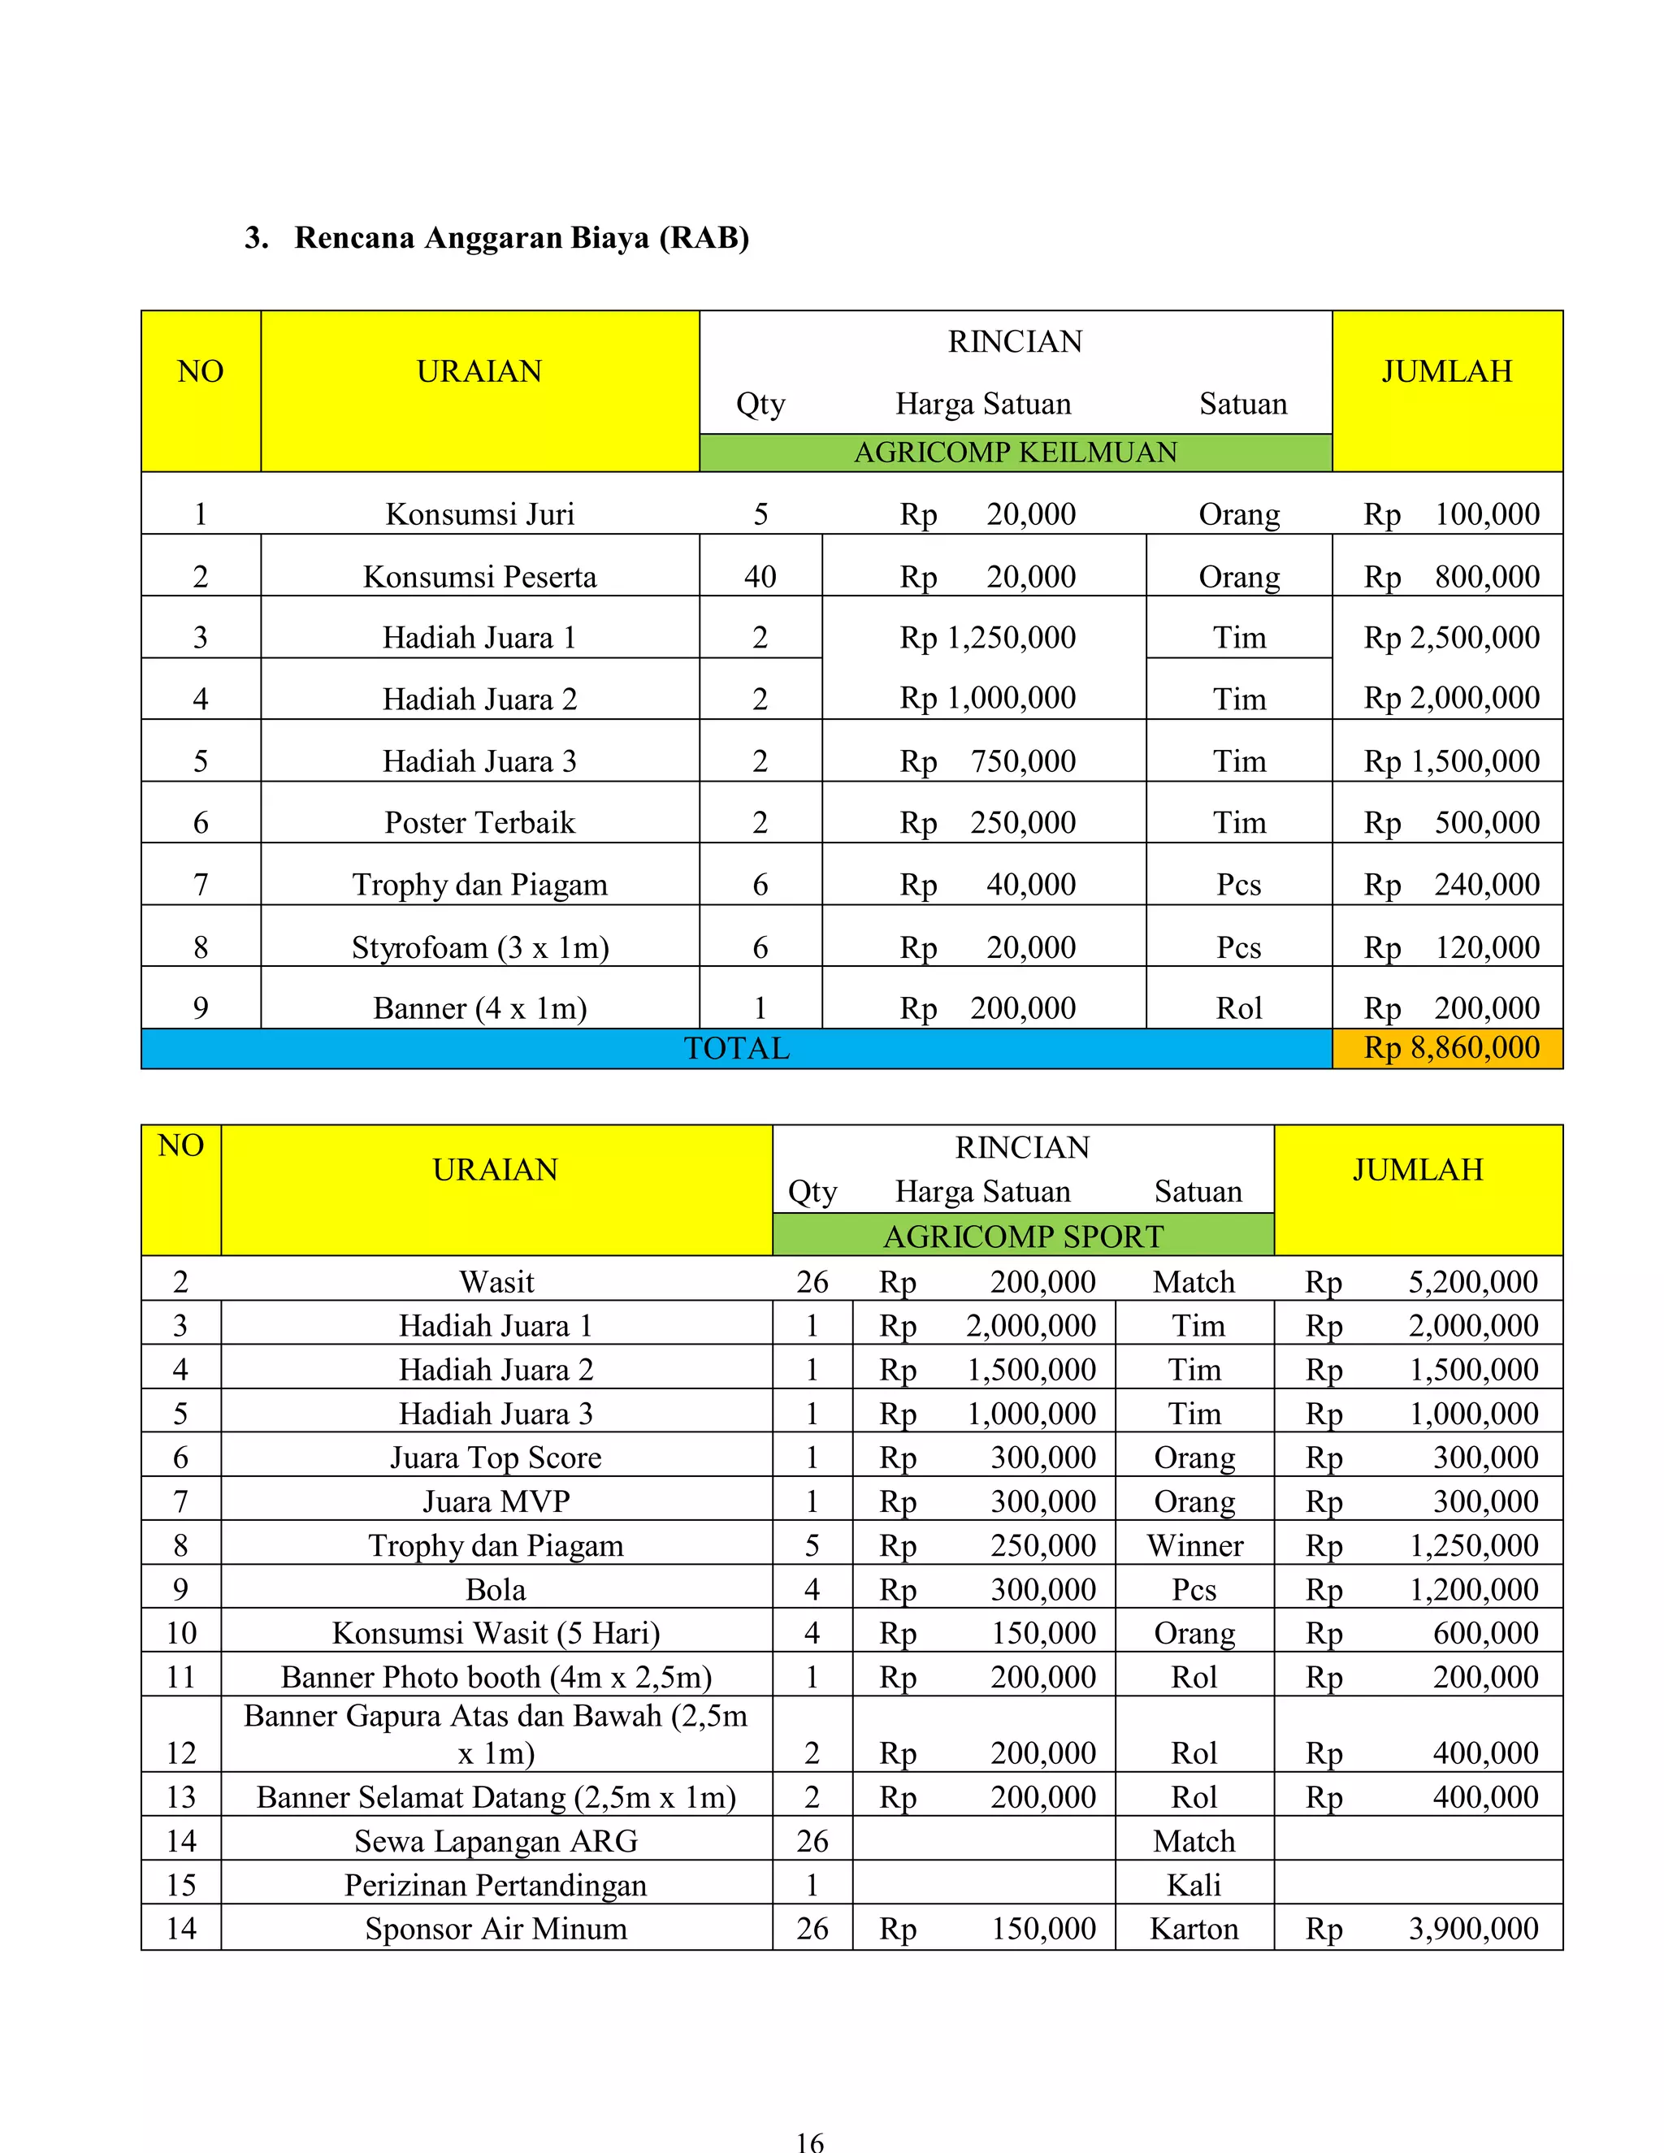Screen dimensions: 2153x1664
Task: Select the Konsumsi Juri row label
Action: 479,513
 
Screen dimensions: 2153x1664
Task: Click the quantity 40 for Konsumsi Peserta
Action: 760,576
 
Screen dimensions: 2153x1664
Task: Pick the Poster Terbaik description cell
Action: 479,822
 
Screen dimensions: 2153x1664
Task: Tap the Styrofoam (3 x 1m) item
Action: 479,947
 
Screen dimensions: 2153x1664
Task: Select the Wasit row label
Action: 496,1280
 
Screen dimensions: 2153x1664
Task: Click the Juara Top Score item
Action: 496,1456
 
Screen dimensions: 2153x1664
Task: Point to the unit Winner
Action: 1194,1544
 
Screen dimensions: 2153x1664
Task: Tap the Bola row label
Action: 496,1588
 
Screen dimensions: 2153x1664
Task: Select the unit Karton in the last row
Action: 1194,1927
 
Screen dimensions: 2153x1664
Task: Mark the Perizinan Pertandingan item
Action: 496,1884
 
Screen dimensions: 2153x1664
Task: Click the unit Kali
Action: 1194,1884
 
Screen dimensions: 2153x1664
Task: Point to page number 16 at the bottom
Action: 809,2140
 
